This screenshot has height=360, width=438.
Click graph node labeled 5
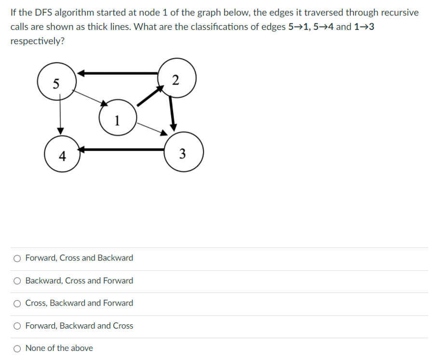click(x=56, y=83)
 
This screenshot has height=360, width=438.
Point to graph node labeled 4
click(x=62, y=154)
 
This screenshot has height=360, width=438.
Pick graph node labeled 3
click(x=182, y=153)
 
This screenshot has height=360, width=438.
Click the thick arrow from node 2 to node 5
click(x=118, y=73)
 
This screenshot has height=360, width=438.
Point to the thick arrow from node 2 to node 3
click(x=172, y=112)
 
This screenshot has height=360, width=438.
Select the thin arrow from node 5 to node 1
click(x=90, y=98)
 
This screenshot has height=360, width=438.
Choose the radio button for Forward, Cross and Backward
click(x=17, y=258)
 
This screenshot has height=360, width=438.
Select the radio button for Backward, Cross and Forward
click(x=17, y=281)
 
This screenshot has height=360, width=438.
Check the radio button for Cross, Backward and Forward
click(x=17, y=304)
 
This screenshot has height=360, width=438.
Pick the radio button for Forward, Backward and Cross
click(x=17, y=326)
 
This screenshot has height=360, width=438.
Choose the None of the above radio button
click(x=17, y=348)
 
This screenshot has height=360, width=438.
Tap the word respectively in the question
click(x=37, y=41)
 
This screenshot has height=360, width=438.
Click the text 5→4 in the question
click(x=321, y=27)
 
